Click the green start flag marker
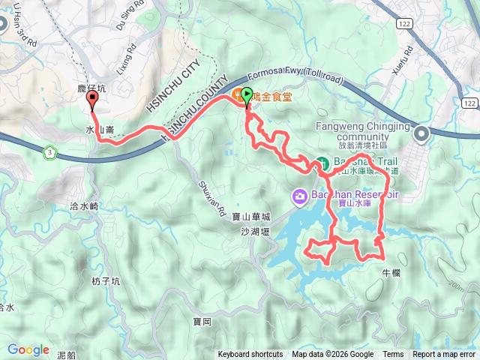coord(248,94)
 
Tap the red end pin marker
coord(92,97)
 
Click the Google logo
coord(28,349)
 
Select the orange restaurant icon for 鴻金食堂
coord(236,94)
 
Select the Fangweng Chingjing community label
coord(352,132)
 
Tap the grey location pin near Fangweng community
coord(421,134)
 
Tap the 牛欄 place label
coord(391,272)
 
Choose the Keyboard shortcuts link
coord(250,355)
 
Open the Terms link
coord(393,355)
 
